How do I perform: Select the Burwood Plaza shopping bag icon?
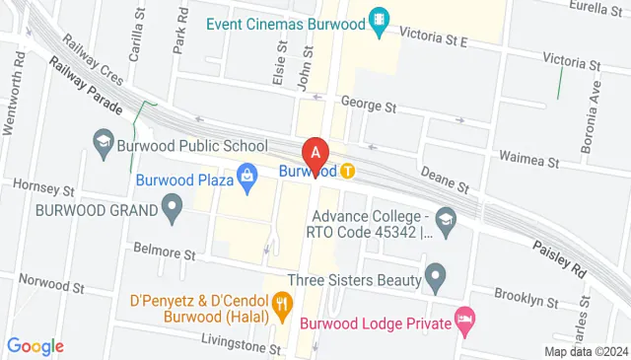[x=246, y=180]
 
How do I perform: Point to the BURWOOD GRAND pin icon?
[x=173, y=209]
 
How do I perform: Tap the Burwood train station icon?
[x=348, y=171]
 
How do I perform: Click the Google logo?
[x=35, y=346]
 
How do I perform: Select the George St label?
[x=368, y=104]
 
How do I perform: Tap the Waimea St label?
[x=528, y=160]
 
